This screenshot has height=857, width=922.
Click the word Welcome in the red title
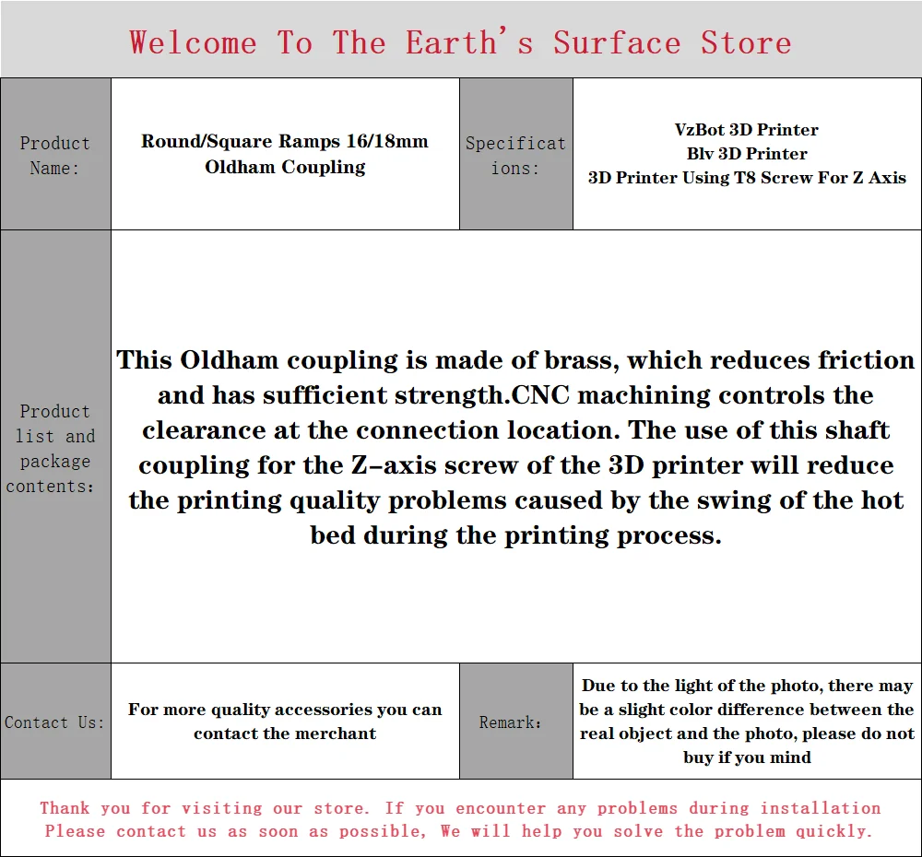click(193, 43)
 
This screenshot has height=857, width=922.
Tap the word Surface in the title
click(617, 43)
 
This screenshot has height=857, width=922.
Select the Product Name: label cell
click(56, 154)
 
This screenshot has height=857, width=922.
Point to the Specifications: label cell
click(515, 154)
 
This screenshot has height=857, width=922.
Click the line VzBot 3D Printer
click(747, 130)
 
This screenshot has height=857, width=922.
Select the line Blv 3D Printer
click(747, 154)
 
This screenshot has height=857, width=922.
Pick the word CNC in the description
click(540, 395)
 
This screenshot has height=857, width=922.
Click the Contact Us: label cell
click(54, 722)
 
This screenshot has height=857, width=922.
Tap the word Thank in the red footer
click(65, 808)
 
